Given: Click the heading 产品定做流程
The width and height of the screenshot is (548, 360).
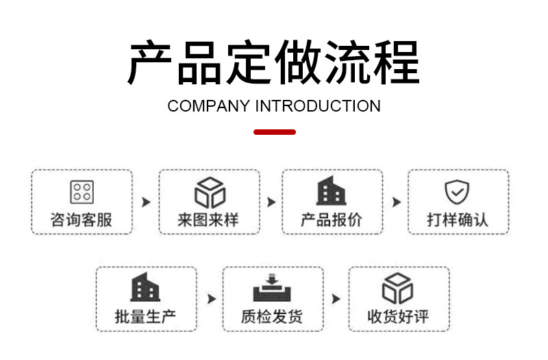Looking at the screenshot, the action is [x=273, y=63].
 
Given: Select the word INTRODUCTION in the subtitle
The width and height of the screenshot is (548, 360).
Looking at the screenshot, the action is [x=319, y=106].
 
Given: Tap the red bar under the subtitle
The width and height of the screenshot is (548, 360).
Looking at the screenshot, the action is [x=274, y=131].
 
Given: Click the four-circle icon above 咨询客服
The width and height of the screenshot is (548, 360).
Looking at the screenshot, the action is [x=82, y=192].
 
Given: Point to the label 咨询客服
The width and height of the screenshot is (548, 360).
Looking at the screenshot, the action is [x=82, y=220].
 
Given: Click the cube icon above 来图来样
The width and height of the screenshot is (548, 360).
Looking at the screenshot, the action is [x=210, y=192].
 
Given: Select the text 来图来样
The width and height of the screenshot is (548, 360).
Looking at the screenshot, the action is [x=209, y=220].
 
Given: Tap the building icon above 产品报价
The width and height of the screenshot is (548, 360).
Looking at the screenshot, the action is [x=332, y=192].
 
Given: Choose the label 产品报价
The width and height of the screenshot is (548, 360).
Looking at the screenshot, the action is [x=332, y=220].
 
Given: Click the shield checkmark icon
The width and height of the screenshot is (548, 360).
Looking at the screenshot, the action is [x=457, y=192].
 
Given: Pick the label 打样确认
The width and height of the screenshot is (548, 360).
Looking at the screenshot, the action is [x=458, y=220].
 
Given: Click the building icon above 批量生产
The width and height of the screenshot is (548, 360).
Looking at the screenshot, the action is [x=145, y=288].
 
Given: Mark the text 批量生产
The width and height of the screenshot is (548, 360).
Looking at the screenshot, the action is [x=145, y=317].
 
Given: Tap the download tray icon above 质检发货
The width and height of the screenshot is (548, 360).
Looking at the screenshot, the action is [x=272, y=288].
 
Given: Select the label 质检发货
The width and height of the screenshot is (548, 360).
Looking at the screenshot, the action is [x=272, y=317].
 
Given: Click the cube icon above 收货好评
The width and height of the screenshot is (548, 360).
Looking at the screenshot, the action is [x=398, y=288].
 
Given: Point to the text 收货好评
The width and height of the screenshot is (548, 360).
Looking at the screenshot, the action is [x=398, y=317].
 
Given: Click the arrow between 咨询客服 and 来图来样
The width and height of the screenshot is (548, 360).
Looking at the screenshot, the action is [x=145, y=203].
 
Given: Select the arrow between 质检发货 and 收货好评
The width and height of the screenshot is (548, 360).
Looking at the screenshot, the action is [x=336, y=299].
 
